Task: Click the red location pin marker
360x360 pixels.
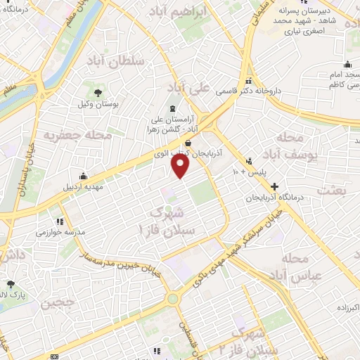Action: (181, 166)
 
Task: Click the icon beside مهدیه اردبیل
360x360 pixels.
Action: (84, 175)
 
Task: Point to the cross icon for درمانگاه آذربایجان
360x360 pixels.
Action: (274, 187)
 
